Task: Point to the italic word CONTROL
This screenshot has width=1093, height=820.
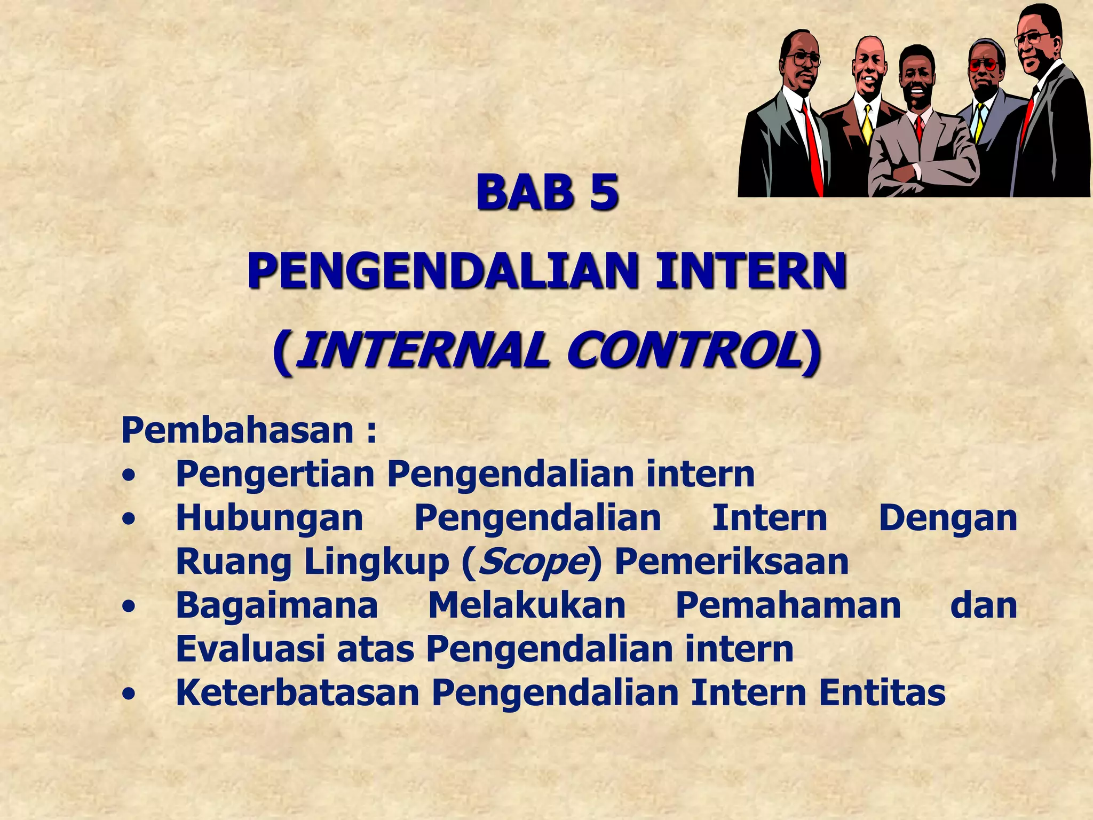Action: coord(684,351)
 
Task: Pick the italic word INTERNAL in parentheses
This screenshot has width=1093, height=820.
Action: coord(423,351)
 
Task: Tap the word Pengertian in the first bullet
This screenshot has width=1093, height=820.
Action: coord(275,474)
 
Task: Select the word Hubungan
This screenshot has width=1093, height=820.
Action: coord(270,518)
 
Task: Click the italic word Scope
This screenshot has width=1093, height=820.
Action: coord(532,562)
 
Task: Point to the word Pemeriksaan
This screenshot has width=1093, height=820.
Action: coord(732,562)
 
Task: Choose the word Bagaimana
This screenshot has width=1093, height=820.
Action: coord(276,605)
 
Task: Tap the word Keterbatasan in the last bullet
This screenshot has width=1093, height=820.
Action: coord(297,693)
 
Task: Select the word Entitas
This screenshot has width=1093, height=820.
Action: coord(882,693)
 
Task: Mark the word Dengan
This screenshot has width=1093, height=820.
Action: coord(948,518)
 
